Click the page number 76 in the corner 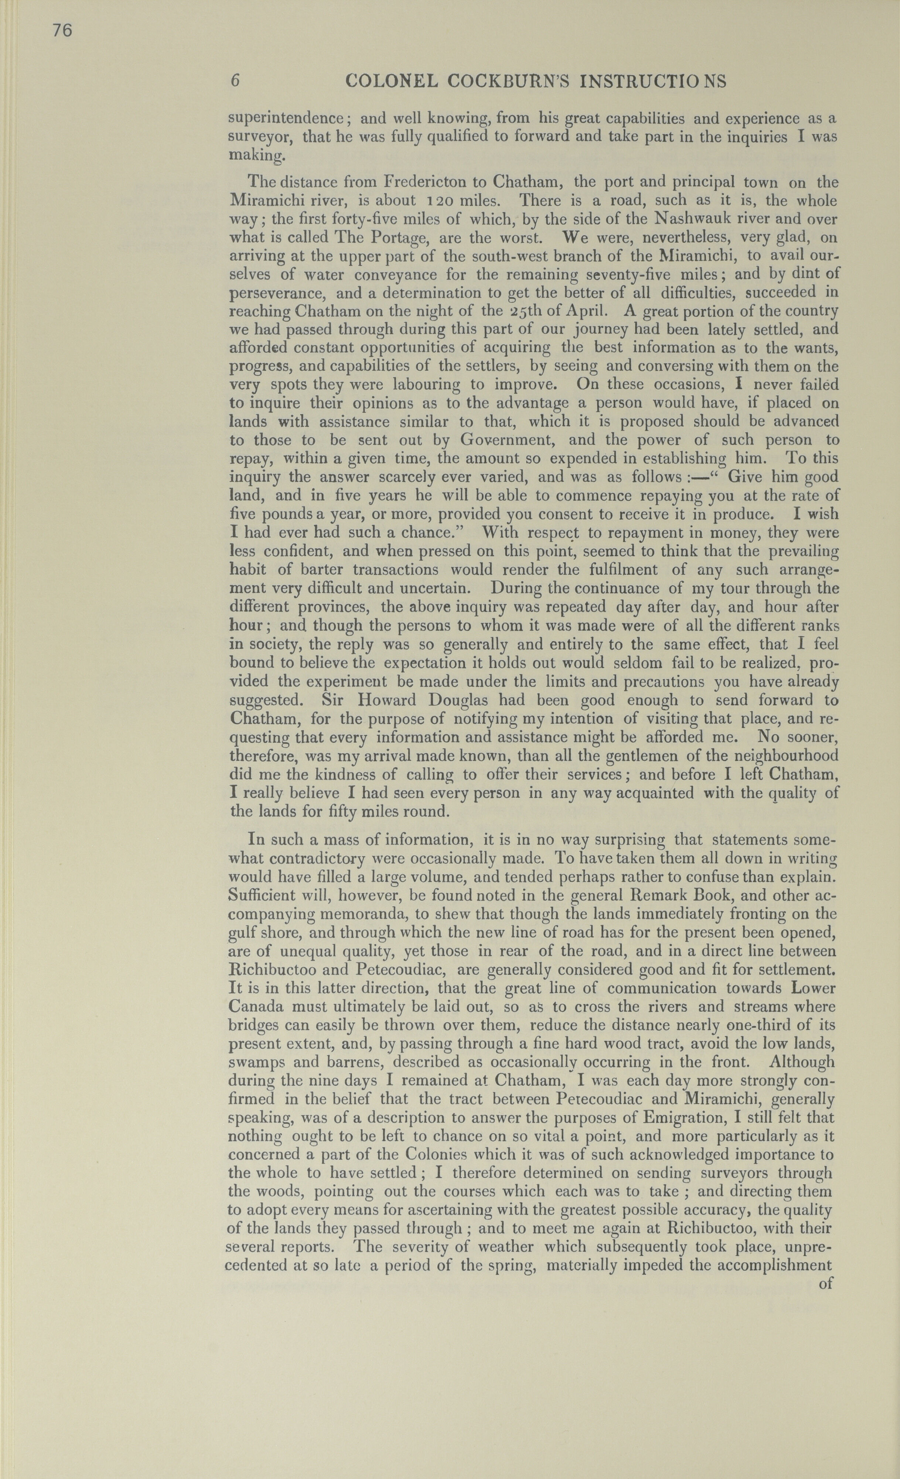point(62,30)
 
